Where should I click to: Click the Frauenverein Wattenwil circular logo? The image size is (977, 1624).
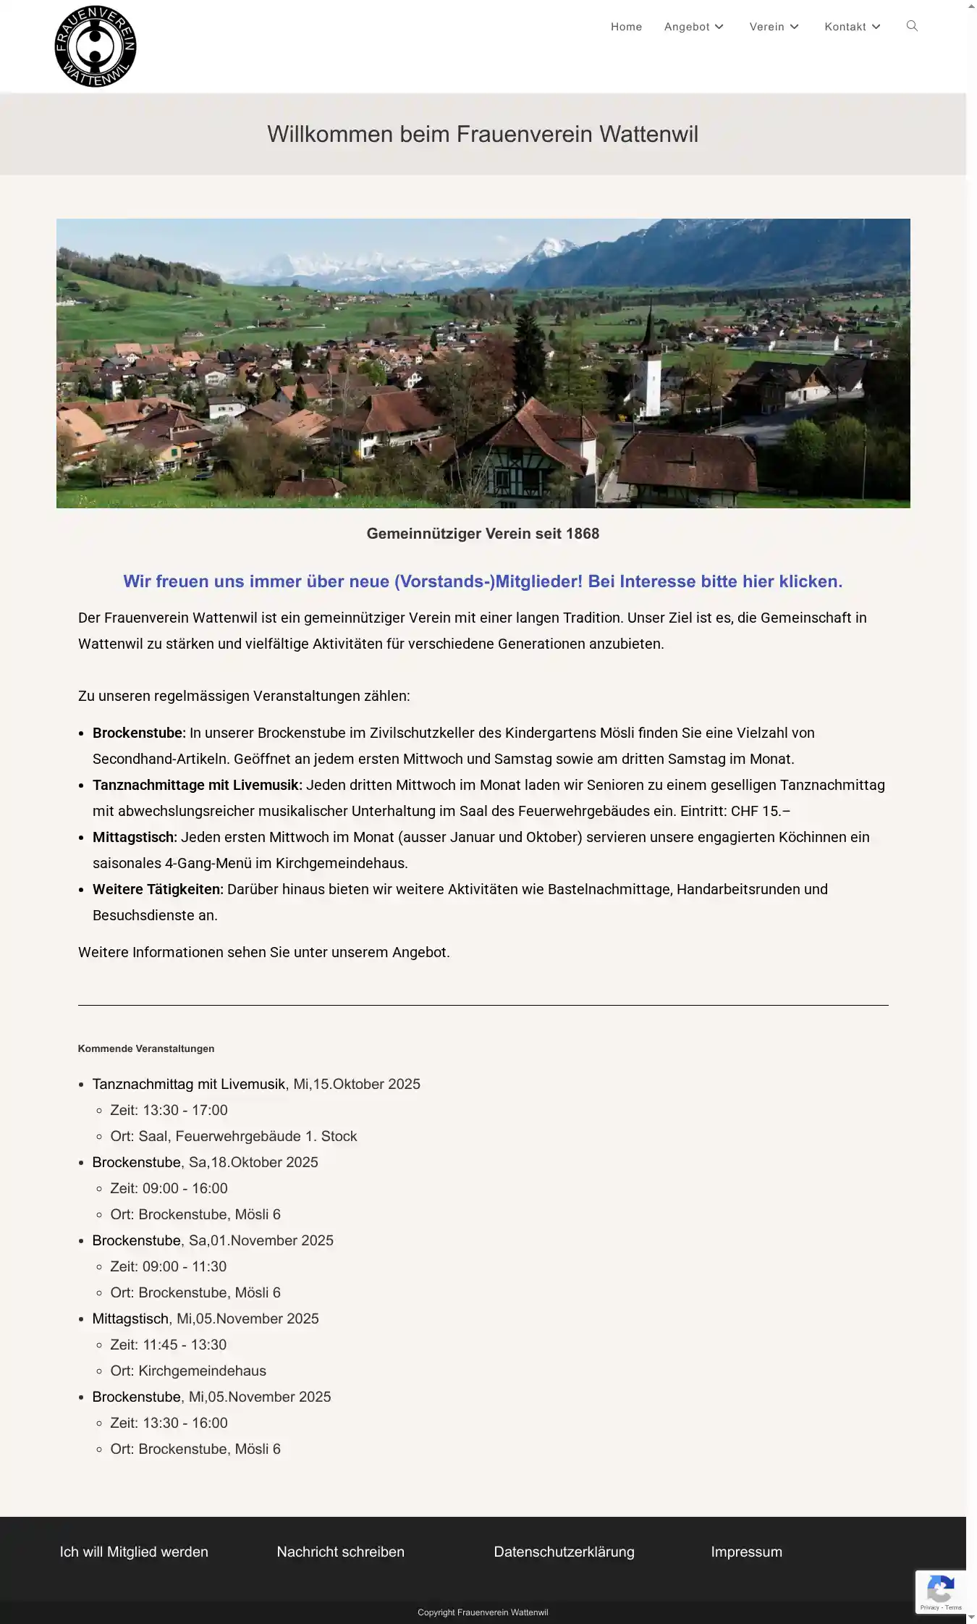pos(96,46)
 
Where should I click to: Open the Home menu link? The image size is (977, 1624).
pos(626,27)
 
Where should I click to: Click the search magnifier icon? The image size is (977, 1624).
pos(912,26)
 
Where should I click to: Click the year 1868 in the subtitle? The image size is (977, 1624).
pos(583,534)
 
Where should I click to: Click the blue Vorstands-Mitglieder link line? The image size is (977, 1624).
pos(483,581)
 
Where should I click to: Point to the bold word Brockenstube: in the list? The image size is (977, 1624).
pos(139,733)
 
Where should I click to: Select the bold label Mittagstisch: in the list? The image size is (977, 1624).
pos(135,837)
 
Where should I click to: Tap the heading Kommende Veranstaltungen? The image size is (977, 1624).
pos(146,1048)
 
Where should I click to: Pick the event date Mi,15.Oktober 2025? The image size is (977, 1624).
pos(357,1084)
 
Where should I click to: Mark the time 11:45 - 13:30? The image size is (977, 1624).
pos(185,1345)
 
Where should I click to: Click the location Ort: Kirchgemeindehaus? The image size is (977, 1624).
pos(188,1371)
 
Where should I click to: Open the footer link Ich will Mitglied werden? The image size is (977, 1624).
pos(134,1552)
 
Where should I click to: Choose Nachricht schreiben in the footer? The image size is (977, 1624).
pos(340,1552)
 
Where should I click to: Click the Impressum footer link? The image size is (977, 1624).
pos(746,1552)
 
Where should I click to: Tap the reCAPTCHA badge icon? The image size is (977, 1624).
pos(940,1591)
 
